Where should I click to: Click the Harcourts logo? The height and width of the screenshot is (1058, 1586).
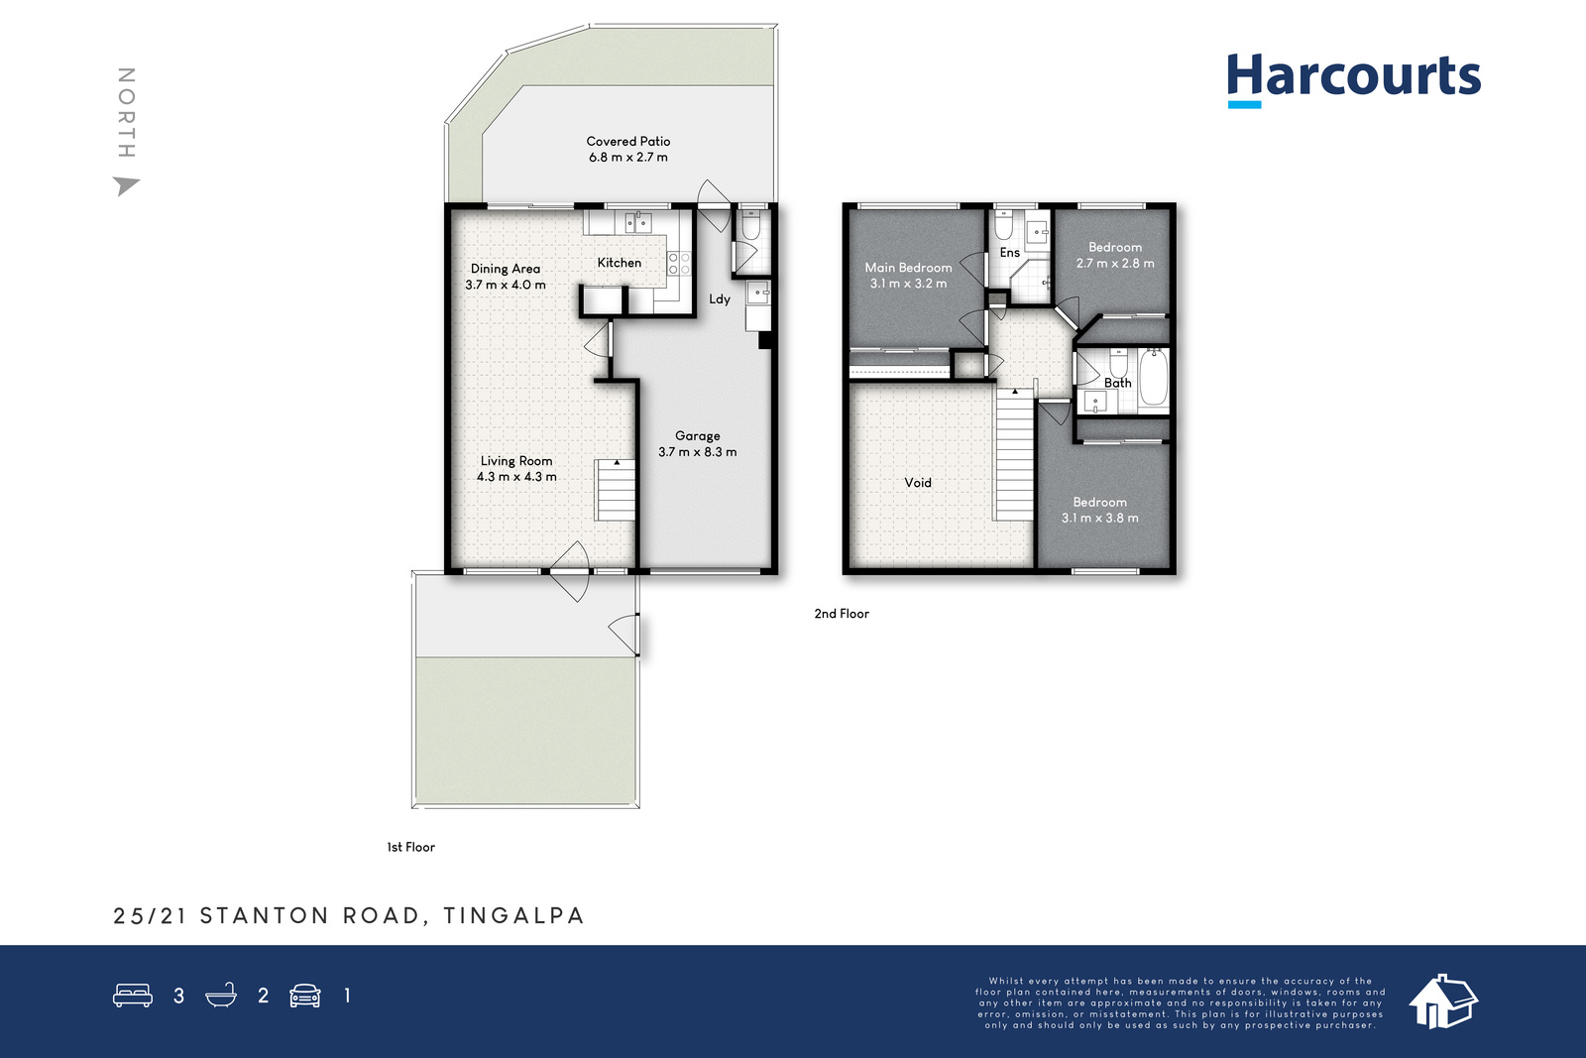point(1354,80)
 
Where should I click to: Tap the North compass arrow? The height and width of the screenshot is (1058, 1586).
point(126,185)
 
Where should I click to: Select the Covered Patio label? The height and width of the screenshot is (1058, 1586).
point(628,142)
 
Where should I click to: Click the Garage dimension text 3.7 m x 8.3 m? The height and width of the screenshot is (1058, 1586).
point(698,452)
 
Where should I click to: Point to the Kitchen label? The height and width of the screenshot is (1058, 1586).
point(620,263)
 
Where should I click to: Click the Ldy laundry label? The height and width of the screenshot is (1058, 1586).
point(720,298)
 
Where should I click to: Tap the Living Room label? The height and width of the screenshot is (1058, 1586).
point(516,461)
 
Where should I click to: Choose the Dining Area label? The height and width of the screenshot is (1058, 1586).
point(506,269)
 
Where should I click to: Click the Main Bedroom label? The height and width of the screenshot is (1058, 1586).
point(908,268)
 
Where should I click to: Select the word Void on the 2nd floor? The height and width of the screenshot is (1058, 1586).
point(918,483)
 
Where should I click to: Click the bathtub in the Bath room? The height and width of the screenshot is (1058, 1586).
point(1154,377)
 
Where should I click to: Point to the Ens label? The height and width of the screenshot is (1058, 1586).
point(1010,253)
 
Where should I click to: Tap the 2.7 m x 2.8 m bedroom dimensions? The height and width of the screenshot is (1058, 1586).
point(1115,264)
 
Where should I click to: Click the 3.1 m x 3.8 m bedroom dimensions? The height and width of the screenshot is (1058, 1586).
point(1099,518)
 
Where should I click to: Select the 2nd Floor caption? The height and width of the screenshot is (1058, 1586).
point(842,614)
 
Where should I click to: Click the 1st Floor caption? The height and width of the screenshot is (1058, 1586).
point(410,847)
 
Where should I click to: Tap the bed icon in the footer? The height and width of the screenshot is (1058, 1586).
point(133,995)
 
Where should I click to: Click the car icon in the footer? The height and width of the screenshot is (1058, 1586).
point(305,996)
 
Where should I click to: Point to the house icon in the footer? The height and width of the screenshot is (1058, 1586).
point(1442,1001)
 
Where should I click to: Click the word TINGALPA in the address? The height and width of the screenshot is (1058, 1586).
point(514,915)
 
